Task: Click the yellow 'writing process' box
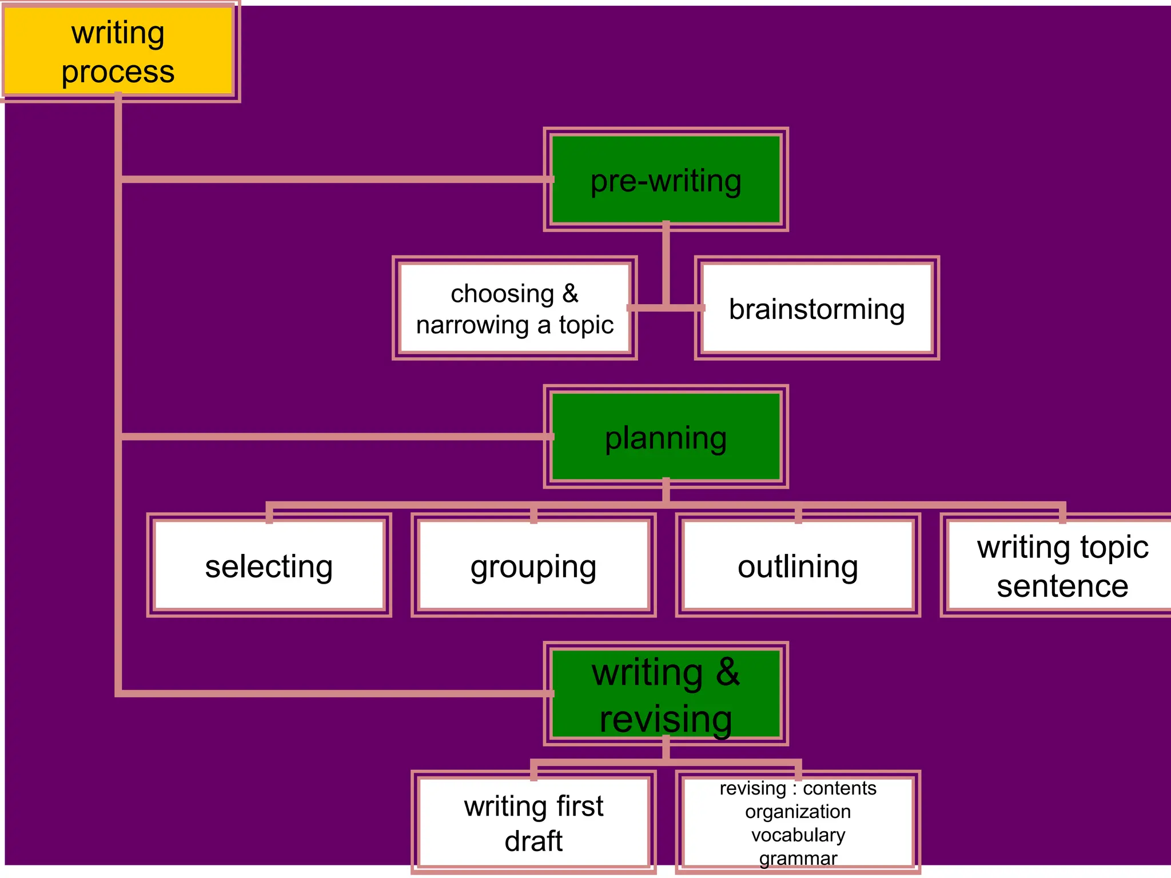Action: coord(118,51)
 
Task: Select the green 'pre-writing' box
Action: coord(666,179)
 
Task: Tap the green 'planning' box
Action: coord(666,437)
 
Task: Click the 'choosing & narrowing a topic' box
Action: coord(515,308)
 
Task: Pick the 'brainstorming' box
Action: coord(816,308)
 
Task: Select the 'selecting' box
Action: coord(269,565)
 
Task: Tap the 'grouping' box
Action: coord(533,565)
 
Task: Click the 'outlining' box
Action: coord(798,565)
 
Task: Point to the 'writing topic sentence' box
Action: coord(1062,565)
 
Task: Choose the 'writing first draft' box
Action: coord(533,823)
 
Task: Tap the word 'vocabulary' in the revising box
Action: coord(798,835)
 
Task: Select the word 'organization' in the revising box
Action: coord(798,812)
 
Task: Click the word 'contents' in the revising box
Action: coord(839,788)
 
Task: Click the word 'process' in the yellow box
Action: coord(118,72)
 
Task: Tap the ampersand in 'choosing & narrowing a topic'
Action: coord(570,294)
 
